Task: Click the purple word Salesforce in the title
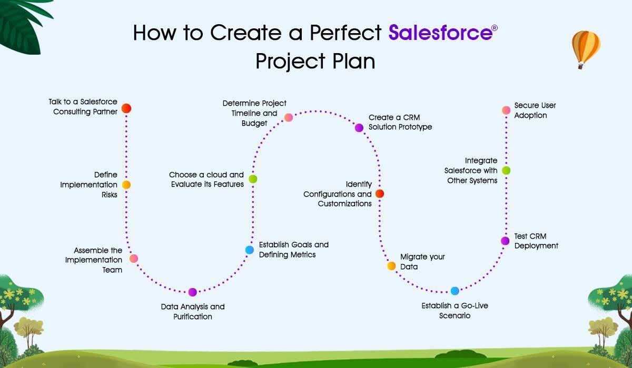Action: coord(440,33)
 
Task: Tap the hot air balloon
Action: coord(586,49)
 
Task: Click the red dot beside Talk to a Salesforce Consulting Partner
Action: coord(126,108)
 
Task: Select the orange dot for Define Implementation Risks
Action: coord(126,185)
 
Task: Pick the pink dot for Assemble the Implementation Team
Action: coord(134,259)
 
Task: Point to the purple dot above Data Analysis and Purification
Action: coord(192,292)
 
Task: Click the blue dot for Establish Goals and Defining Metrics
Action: coord(250,250)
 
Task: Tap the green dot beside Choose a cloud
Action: coord(253,179)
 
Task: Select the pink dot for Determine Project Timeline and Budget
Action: coord(289,117)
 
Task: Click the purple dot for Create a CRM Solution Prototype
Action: coord(359,128)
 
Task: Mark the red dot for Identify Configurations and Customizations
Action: coord(380,193)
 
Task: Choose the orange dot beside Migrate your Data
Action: coord(391,266)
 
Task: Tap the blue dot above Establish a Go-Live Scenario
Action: coord(455,291)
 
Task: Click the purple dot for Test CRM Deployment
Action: coord(505,241)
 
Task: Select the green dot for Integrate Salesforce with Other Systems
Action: coord(506,170)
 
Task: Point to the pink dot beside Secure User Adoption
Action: coord(506,110)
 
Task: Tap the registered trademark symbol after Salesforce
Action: coord(495,28)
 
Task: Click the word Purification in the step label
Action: coord(193,317)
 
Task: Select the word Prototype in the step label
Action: coord(415,127)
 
